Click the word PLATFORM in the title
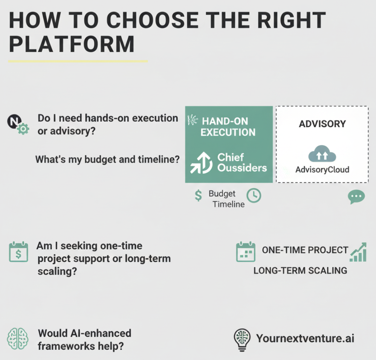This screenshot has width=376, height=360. click(72, 44)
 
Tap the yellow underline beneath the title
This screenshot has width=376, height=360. click(78, 61)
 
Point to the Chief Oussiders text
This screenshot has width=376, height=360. click(242, 163)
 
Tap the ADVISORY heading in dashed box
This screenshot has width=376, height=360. click(322, 124)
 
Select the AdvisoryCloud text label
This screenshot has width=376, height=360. click(322, 169)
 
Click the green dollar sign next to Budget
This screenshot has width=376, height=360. click(198, 195)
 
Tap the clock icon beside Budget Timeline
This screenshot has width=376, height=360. click(254, 195)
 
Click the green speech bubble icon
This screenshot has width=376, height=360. click(356, 197)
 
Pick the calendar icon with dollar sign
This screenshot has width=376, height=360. click(18, 252)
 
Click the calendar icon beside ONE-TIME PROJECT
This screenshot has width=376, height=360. click(246, 252)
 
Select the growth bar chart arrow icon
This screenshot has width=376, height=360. click(358, 252)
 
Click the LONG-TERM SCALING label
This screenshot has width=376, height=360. click(300, 270)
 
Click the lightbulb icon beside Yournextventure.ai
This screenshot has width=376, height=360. click(241, 340)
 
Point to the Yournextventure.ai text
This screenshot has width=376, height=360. click(305, 338)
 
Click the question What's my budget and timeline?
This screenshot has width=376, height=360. click(107, 159)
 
